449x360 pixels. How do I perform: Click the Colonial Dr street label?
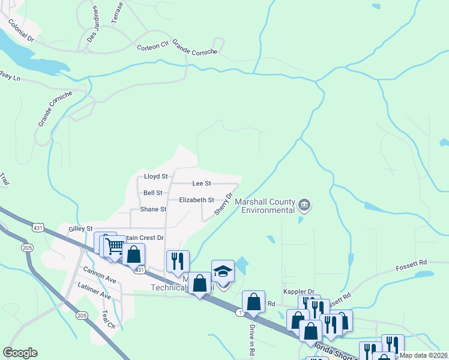(21, 29)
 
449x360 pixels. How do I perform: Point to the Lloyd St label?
(155, 176)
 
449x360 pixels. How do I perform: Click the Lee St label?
(201, 183)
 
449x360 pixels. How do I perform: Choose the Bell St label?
(153, 193)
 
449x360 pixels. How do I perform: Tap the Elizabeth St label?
(197, 200)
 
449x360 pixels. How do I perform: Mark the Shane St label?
(153, 209)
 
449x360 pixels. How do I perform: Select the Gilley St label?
(80, 229)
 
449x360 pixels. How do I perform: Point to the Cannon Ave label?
(100, 275)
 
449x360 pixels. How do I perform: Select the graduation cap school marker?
(223, 271)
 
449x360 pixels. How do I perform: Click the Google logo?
(20, 353)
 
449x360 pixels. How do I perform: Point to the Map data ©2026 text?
(423, 355)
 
